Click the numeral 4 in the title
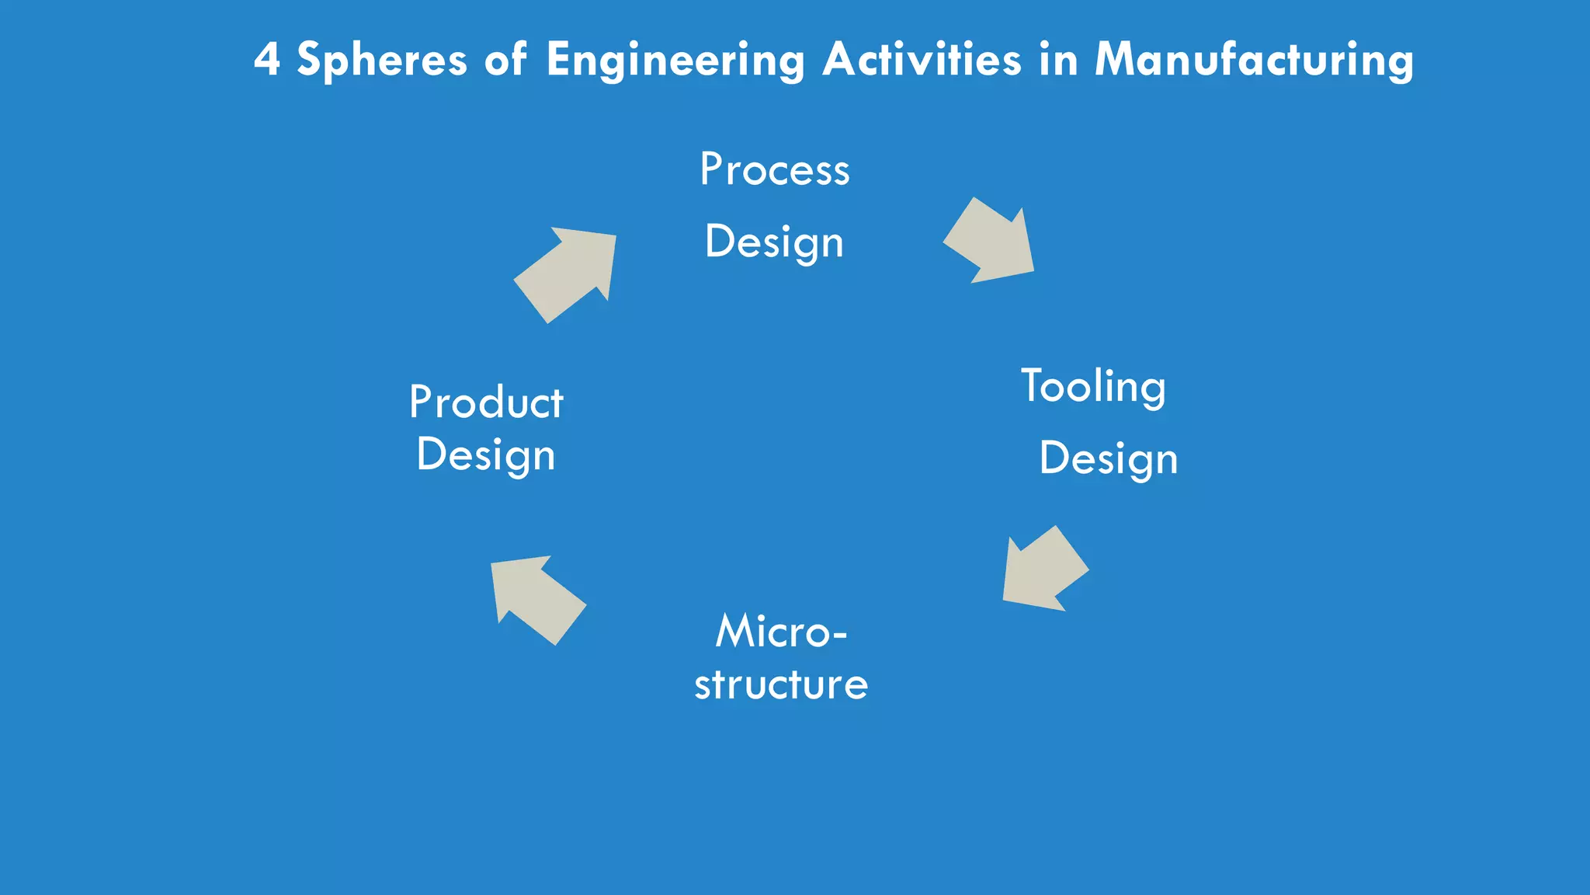(x=266, y=60)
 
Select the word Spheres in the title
(x=382, y=60)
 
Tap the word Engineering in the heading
(x=675, y=61)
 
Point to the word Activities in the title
(x=922, y=59)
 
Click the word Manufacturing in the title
(x=1254, y=60)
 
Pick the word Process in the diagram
(x=774, y=169)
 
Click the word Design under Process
(x=774, y=242)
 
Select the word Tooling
(x=1093, y=387)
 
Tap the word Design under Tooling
(x=1109, y=459)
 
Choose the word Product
(x=486, y=402)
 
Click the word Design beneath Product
(x=486, y=455)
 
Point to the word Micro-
(x=780, y=631)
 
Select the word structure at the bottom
(x=781, y=684)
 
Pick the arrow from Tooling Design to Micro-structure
(x=1043, y=570)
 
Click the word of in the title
(x=505, y=60)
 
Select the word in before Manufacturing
(x=1058, y=59)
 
